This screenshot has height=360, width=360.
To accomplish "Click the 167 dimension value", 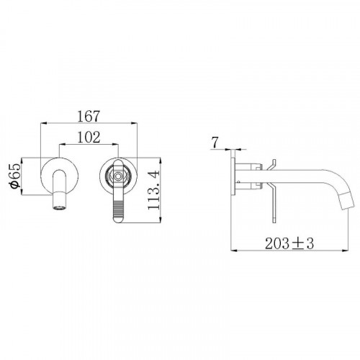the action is point(89,117).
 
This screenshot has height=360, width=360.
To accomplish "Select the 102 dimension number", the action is point(89,138).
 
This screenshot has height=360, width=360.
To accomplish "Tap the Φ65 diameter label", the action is point(15,176).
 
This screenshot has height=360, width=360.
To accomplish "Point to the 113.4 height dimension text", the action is point(153,190).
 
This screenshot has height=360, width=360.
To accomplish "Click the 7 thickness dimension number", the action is point(215,143).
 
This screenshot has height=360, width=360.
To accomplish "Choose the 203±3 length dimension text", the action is point(289,243).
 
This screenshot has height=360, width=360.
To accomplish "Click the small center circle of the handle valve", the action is point(118,176).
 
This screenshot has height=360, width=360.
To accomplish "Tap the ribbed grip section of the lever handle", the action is point(118,210).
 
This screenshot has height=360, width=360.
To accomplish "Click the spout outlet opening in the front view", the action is point(59,207).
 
